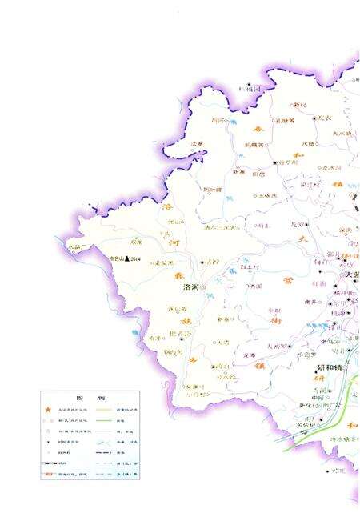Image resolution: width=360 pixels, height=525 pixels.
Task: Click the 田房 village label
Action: pyautogui.click(x=258, y=174)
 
